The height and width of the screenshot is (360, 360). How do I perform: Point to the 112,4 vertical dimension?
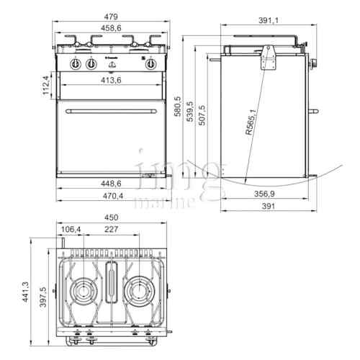click(45, 85)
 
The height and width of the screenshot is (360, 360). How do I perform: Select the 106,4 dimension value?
click(71, 230)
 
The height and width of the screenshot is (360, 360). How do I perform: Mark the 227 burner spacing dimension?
click(110, 230)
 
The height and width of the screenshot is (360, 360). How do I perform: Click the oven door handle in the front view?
click(113, 112)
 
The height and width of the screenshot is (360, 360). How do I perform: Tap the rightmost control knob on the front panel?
click(151, 64)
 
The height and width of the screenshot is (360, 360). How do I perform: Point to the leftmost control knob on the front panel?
click(75, 64)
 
